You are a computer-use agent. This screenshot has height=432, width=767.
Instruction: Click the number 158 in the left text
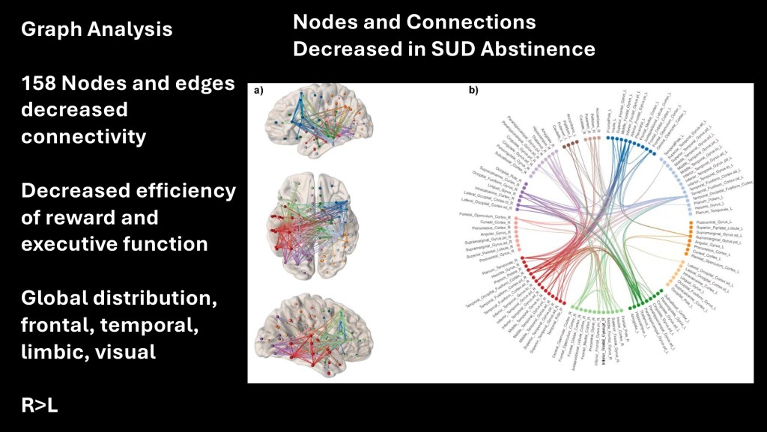[43, 84]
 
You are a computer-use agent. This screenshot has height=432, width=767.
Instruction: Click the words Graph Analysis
[97, 29]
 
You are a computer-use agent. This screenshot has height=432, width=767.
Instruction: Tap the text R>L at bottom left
[40, 406]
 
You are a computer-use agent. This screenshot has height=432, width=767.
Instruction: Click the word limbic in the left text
[52, 351]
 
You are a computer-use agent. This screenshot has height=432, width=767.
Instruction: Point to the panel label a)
[259, 91]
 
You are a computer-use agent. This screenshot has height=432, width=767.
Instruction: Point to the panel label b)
[473, 91]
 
